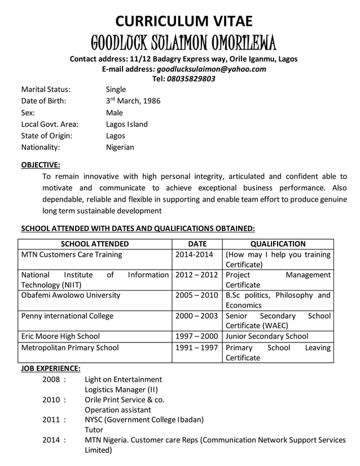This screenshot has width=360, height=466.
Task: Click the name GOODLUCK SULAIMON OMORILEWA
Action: point(183,42)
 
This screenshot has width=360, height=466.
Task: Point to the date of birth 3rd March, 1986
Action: point(133,101)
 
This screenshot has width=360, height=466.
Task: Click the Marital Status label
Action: point(46,89)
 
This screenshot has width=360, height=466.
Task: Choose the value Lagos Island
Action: point(127,124)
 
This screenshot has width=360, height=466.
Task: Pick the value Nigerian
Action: point(120,147)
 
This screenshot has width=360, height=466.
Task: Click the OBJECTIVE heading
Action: point(41,165)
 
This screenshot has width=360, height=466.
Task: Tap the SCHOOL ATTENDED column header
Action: point(94,244)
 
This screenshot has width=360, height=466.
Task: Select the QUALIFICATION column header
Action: point(278,244)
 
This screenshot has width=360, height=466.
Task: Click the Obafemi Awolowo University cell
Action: point(71,295)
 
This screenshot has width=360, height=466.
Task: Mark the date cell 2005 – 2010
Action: point(197,295)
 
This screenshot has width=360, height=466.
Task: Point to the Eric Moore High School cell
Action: point(60,336)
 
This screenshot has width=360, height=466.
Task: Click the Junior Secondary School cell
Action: point(266,336)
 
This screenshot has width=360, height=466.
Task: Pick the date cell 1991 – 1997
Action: point(197,348)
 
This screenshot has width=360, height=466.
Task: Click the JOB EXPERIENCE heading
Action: point(50,368)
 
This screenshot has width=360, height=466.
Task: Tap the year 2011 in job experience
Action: point(51,419)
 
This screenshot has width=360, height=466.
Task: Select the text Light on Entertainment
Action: point(123,379)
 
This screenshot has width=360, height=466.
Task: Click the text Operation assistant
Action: point(117,410)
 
